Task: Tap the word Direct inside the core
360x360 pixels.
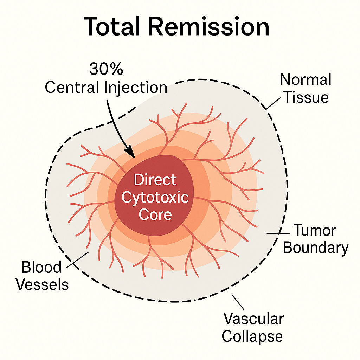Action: click(155, 180)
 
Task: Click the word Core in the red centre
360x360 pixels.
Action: click(155, 214)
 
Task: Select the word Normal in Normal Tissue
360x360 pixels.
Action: click(305, 80)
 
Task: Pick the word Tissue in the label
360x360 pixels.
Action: click(306, 97)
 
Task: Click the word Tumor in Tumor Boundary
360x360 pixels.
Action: click(314, 231)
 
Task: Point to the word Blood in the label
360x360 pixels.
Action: click(41, 268)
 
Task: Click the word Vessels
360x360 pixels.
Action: click(43, 284)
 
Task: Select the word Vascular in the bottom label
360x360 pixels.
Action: click(253, 319)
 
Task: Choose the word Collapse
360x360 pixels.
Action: click(252, 336)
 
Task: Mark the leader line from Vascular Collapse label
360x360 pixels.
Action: click(238, 301)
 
